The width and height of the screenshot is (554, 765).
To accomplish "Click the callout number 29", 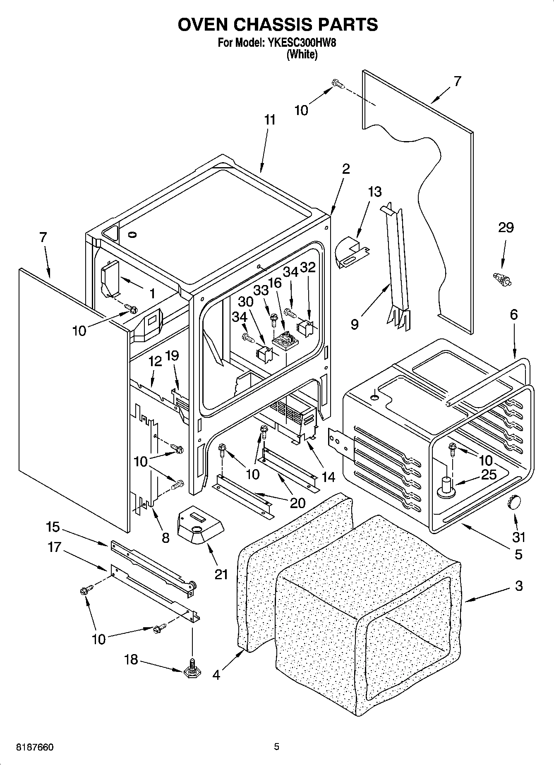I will tap(506, 228).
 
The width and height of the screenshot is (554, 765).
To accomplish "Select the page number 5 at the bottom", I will tap(276, 747).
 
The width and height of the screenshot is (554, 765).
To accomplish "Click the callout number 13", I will tap(374, 192).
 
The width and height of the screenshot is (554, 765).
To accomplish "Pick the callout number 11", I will tap(269, 120).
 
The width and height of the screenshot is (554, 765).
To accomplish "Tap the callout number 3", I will tap(518, 586).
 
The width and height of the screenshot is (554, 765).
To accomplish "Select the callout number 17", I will tap(55, 547).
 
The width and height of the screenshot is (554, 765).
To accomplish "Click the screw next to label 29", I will tap(502, 279).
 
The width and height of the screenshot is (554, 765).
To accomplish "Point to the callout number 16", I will tap(275, 283).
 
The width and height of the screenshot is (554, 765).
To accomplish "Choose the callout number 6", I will tap(513, 315).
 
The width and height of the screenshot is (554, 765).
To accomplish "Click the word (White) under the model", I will tap(302, 54).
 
